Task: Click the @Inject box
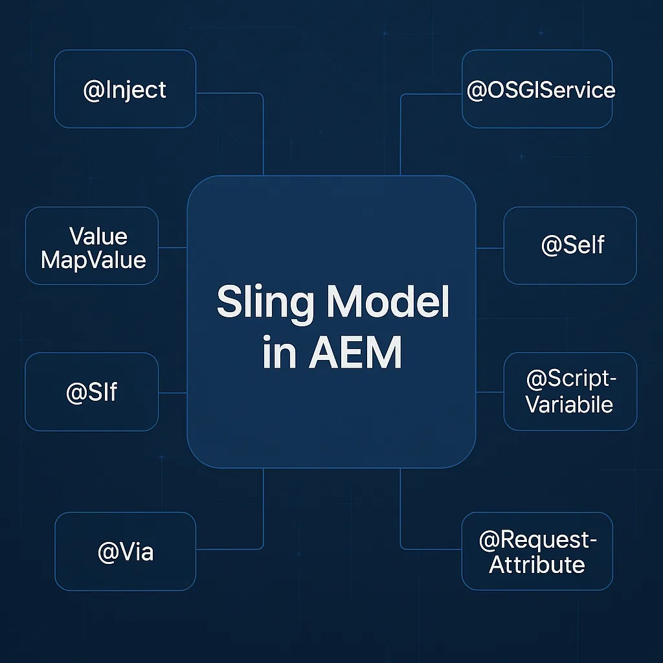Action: click(125, 89)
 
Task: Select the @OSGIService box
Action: click(537, 89)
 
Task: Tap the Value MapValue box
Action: click(92, 247)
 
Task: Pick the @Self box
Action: click(570, 245)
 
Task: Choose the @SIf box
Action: click(92, 392)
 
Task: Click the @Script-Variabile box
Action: click(570, 392)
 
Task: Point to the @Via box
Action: click(125, 552)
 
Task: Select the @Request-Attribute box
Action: click(537, 552)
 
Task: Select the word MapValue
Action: click(93, 260)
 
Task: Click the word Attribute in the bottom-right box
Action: click(537, 565)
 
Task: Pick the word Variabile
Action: click(569, 405)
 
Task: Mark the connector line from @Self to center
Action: click(490, 248)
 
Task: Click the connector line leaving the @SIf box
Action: click(172, 393)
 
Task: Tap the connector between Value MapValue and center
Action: click(172, 247)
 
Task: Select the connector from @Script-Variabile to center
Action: click(490, 392)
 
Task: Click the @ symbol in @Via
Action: click(106, 553)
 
